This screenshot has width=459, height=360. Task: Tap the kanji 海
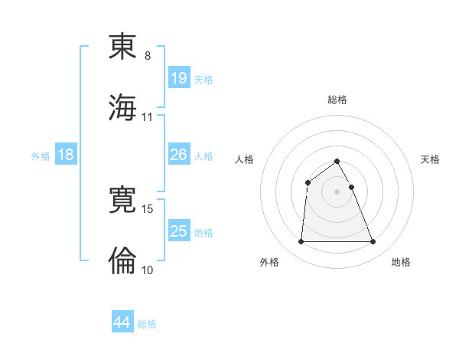tap(123, 106)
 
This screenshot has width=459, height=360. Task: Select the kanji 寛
tap(123, 200)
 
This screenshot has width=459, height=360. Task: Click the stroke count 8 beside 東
tap(148, 56)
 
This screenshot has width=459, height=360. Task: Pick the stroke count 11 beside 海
tap(148, 117)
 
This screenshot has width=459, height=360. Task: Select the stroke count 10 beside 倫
tap(148, 270)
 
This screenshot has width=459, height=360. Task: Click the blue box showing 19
tap(179, 78)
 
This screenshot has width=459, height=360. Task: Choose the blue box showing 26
tap(179, 155)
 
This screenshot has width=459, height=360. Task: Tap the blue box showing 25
tap(179, 231)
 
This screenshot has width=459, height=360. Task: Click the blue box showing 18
tap(66, 155)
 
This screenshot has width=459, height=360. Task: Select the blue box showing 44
tap(122, 322)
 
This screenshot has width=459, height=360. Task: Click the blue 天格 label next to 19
tap(203, 79)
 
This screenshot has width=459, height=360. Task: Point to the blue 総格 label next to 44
tap(147, 324)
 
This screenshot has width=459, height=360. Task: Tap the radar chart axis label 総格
tap(337, 100)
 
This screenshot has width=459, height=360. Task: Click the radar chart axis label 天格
tap(431, 159)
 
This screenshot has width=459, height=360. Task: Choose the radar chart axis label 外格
tap(269, 262)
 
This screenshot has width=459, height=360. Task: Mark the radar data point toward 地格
tap(373, 242)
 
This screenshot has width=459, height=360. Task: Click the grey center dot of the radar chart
tap(337, 191)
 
